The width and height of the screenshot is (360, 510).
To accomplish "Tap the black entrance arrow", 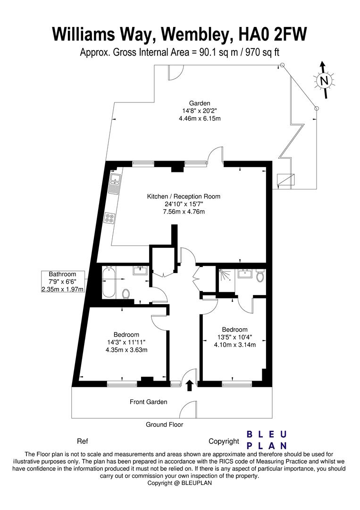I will point(190,385).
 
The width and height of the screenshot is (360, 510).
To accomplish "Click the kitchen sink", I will point(114,184).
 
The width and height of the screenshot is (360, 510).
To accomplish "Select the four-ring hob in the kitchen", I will point(110,218).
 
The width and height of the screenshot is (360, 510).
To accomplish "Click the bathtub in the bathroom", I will point(108,283).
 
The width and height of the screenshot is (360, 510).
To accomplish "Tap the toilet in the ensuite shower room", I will point(260,276).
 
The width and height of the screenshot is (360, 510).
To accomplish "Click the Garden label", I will point(200,103).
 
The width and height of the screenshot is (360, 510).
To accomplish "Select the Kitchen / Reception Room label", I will point(184,196).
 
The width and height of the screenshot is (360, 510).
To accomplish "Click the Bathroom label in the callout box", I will point(62,274).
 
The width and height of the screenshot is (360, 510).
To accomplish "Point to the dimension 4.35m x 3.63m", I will point(126,350).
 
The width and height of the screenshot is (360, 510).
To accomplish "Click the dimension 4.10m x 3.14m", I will point(234,345).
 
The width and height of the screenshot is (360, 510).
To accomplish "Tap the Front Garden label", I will point(149,402).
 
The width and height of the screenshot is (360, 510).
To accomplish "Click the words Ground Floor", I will point(164,425).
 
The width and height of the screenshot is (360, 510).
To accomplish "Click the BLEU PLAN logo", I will point(268,440).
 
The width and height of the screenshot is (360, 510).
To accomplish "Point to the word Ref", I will point(83,442).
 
